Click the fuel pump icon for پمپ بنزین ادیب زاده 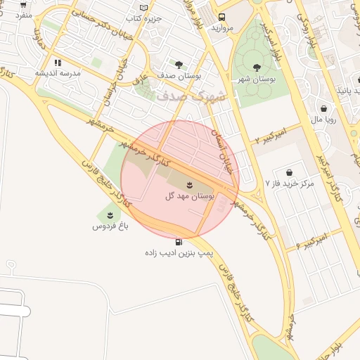coord(188,242)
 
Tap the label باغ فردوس coord(110,227)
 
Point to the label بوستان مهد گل coord(189,195)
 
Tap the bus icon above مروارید coord(222,17)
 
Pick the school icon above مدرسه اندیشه coord(58,63)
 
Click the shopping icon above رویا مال coord(323,108)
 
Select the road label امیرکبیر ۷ coord(269,134)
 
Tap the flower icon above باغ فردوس coord(110,214)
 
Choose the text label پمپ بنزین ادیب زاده coord(179,252)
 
